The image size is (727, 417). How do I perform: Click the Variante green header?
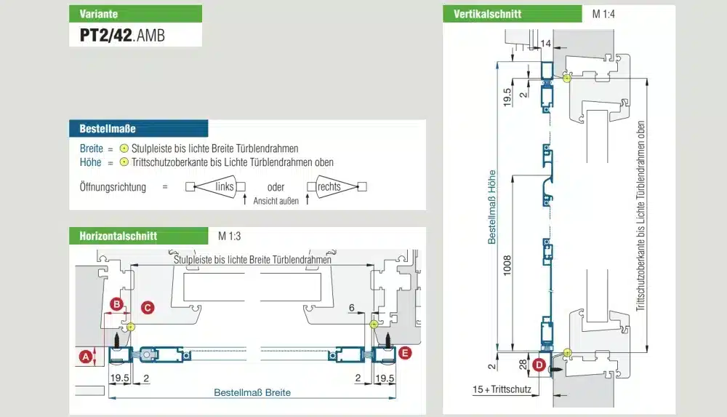point(135,14)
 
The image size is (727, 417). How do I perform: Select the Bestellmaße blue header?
point(139,129)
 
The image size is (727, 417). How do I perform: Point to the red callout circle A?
point(86,357)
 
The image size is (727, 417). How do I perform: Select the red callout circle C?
point(148,308)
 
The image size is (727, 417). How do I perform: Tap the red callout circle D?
point(539,365)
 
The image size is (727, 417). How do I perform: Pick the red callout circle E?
point(405,353)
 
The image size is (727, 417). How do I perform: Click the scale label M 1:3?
point(229,236)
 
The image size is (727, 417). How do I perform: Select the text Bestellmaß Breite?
point(252,393)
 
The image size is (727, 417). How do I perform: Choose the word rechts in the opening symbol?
point(329,187)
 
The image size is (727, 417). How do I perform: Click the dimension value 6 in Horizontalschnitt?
point(352,308)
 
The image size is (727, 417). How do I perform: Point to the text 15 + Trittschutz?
point(502,389)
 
